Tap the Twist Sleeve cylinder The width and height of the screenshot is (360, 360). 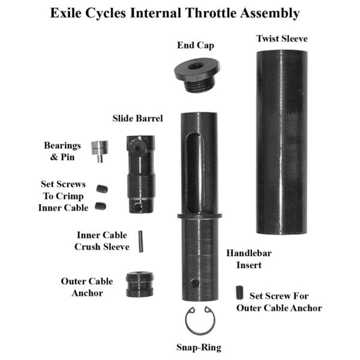pos(282,142)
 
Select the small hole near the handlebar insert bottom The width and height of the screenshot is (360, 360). pos(194,282)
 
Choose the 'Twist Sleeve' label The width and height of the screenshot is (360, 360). pos(282,38)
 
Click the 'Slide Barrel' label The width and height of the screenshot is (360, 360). pos(137,118)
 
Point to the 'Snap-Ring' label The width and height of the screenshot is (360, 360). pos(198,347)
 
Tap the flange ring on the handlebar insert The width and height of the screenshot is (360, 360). pos(199,215)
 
